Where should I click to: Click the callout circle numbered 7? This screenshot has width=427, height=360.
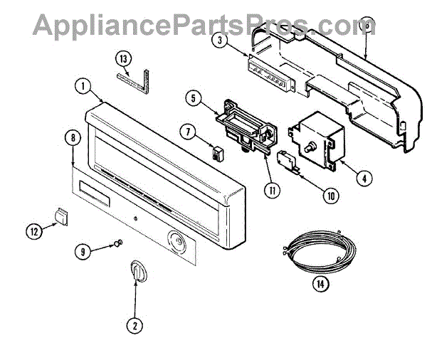click(x=188, y=132)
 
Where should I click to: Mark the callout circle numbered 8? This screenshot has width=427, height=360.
click(x=70, y=139)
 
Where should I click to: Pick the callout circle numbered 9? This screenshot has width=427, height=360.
click(x=85, y=250)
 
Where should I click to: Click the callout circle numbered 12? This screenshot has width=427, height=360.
click(x=35, y=230)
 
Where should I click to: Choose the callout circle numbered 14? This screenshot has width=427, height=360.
click(x=322, y=283)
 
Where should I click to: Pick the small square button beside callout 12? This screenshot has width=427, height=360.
click(x=62, y=215)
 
